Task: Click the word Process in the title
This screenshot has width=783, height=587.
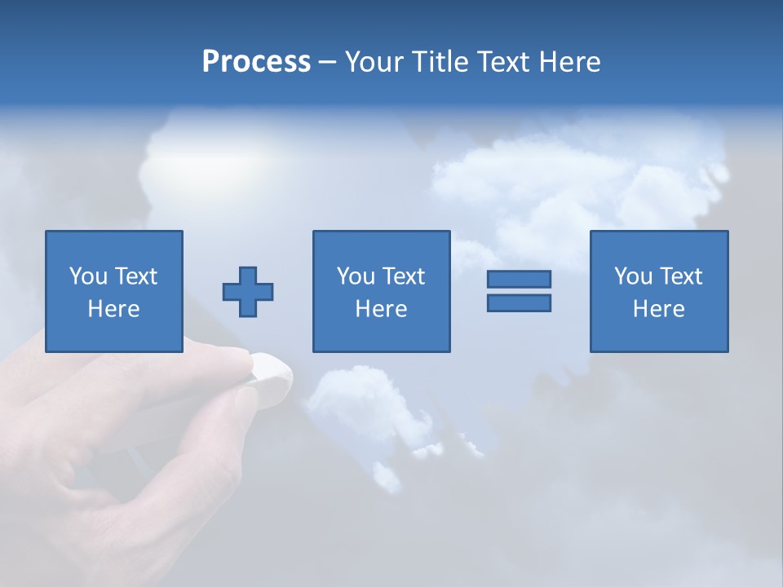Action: point(256,62)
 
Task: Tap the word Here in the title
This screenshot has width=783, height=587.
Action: point(569,62)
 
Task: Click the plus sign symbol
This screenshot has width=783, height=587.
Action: point(248,292)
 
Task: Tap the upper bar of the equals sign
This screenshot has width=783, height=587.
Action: point(519,280)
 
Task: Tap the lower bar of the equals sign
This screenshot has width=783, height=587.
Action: point(519,302)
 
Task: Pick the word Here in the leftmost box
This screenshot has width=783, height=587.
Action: point(113,309)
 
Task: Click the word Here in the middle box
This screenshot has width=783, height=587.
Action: point(381,309)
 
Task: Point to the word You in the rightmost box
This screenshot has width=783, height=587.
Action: point(633,276)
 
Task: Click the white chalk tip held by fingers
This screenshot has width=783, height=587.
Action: point(269,372)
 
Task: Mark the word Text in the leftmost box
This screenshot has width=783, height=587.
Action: point(135,276)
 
